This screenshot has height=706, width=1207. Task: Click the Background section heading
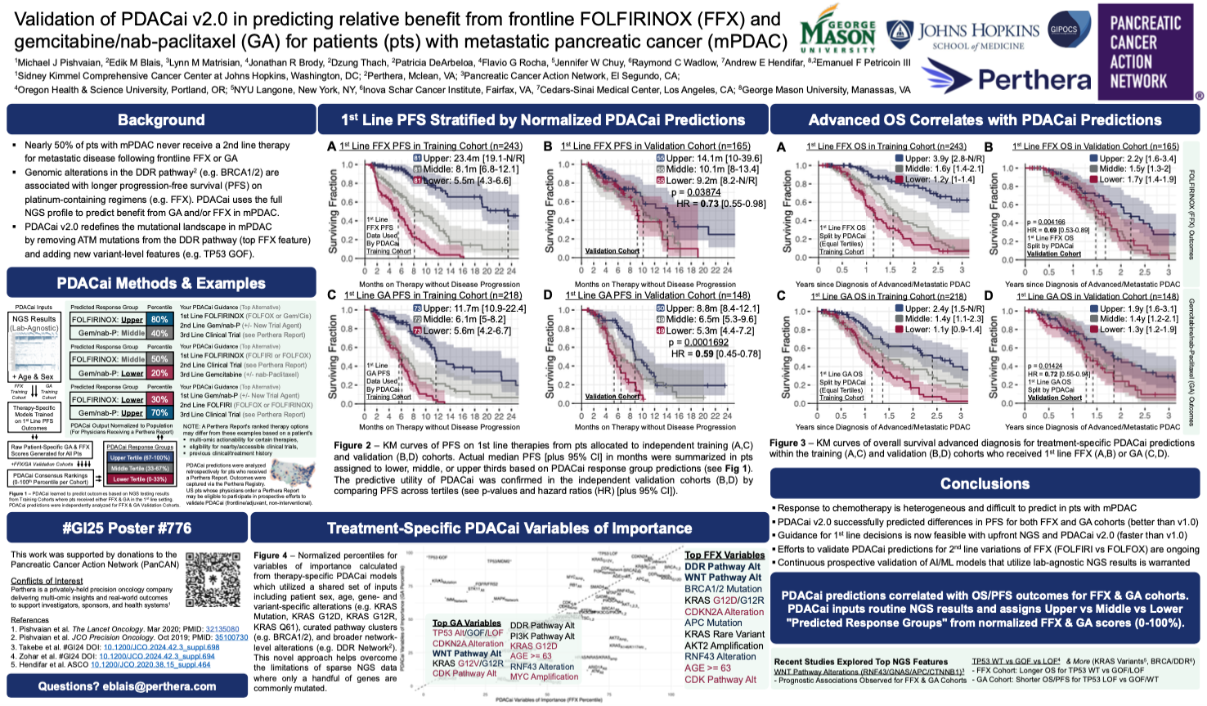161,119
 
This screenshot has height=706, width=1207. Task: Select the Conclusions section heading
985,483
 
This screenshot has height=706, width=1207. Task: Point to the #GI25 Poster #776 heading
127,528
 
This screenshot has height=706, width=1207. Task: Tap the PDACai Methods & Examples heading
161,283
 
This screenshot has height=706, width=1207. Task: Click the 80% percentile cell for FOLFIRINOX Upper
159,319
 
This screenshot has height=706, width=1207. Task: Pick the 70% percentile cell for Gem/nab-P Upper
159,413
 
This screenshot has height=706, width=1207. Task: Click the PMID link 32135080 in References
222,629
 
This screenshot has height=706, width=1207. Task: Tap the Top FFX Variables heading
725,555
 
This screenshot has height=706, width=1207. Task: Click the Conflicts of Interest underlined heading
47,581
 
